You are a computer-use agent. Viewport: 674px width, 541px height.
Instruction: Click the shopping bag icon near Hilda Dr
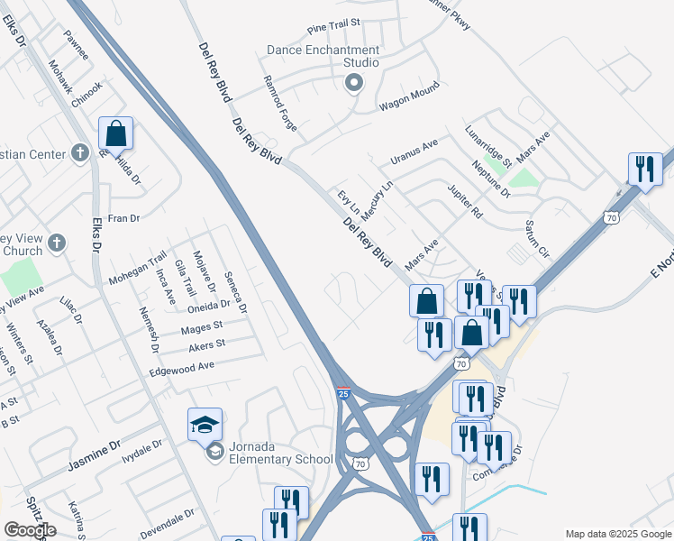coord(115,133)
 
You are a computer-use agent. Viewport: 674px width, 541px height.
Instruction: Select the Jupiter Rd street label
coord(466,200)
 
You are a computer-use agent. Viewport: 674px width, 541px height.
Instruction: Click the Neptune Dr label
coord(491,179)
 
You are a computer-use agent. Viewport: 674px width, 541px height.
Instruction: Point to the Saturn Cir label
coord(536,234)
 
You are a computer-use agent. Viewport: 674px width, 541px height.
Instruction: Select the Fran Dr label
coord(123,218)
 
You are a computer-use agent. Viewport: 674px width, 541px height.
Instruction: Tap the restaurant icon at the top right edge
coord(645,169)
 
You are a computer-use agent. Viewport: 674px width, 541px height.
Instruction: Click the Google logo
coord(30,530)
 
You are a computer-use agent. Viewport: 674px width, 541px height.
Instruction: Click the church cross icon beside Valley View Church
coord(56,243)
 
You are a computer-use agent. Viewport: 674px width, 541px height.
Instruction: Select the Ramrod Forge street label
coord(279,103)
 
